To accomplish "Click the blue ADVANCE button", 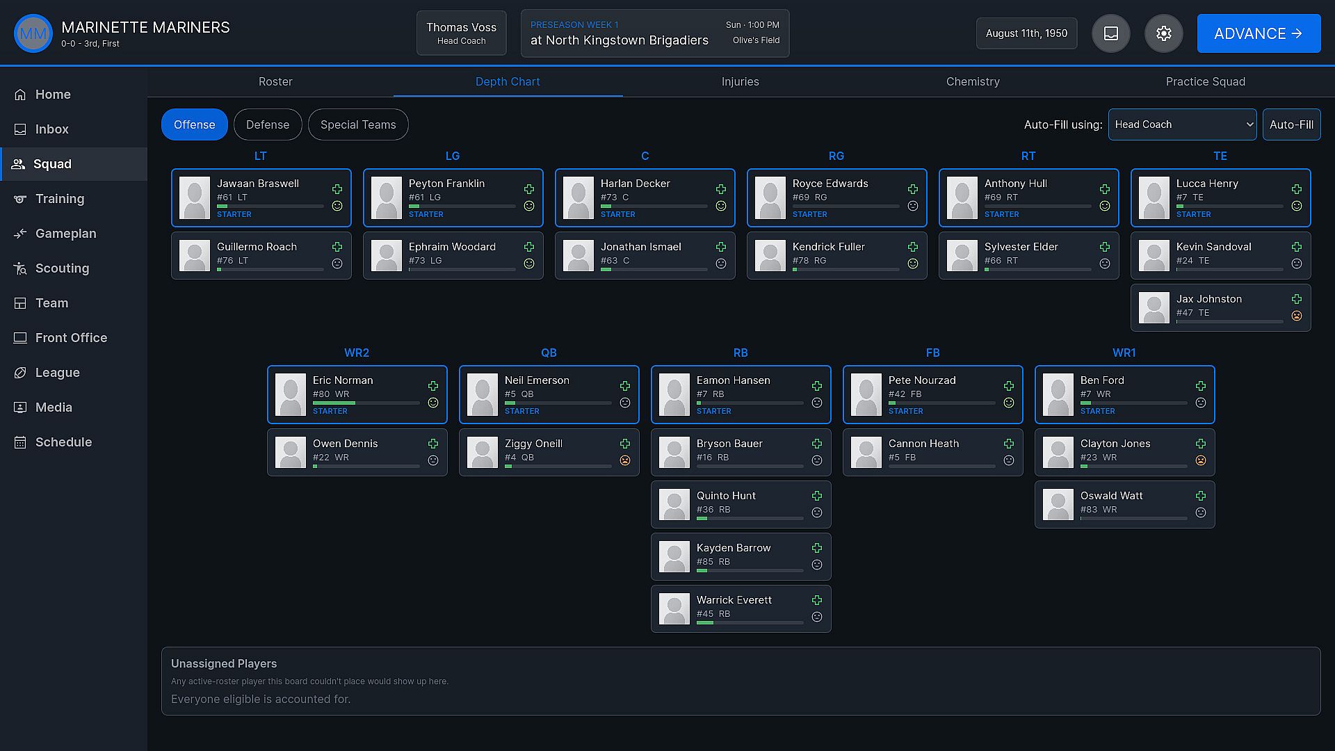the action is (x=1259, y=33).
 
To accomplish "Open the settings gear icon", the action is (x=1164, y=33).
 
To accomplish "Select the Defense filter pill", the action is (x=268, y=124).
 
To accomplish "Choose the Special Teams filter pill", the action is (x=358, y=124).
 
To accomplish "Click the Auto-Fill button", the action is (x=1291, y=124).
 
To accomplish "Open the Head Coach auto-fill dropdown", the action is (x=1182, y=124).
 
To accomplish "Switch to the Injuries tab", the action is (x=740, y=81).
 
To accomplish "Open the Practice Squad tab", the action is (x=1205, y=81).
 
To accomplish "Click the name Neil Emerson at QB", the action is (x=537, y=380).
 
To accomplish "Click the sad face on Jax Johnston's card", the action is (x=1297, y=316).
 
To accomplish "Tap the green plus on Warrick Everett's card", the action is (x=817, y=600).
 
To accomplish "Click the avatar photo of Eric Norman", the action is (x=291, y=394).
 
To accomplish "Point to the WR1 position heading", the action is (x=1124, y=353).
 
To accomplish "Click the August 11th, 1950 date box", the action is (x=1026, y=33).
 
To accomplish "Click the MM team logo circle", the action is (x=33, y=33).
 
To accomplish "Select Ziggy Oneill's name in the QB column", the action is (x=533, y=444).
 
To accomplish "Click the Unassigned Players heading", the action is (x=224, y=663).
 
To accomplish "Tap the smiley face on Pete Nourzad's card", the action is (x=1009, y=403).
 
